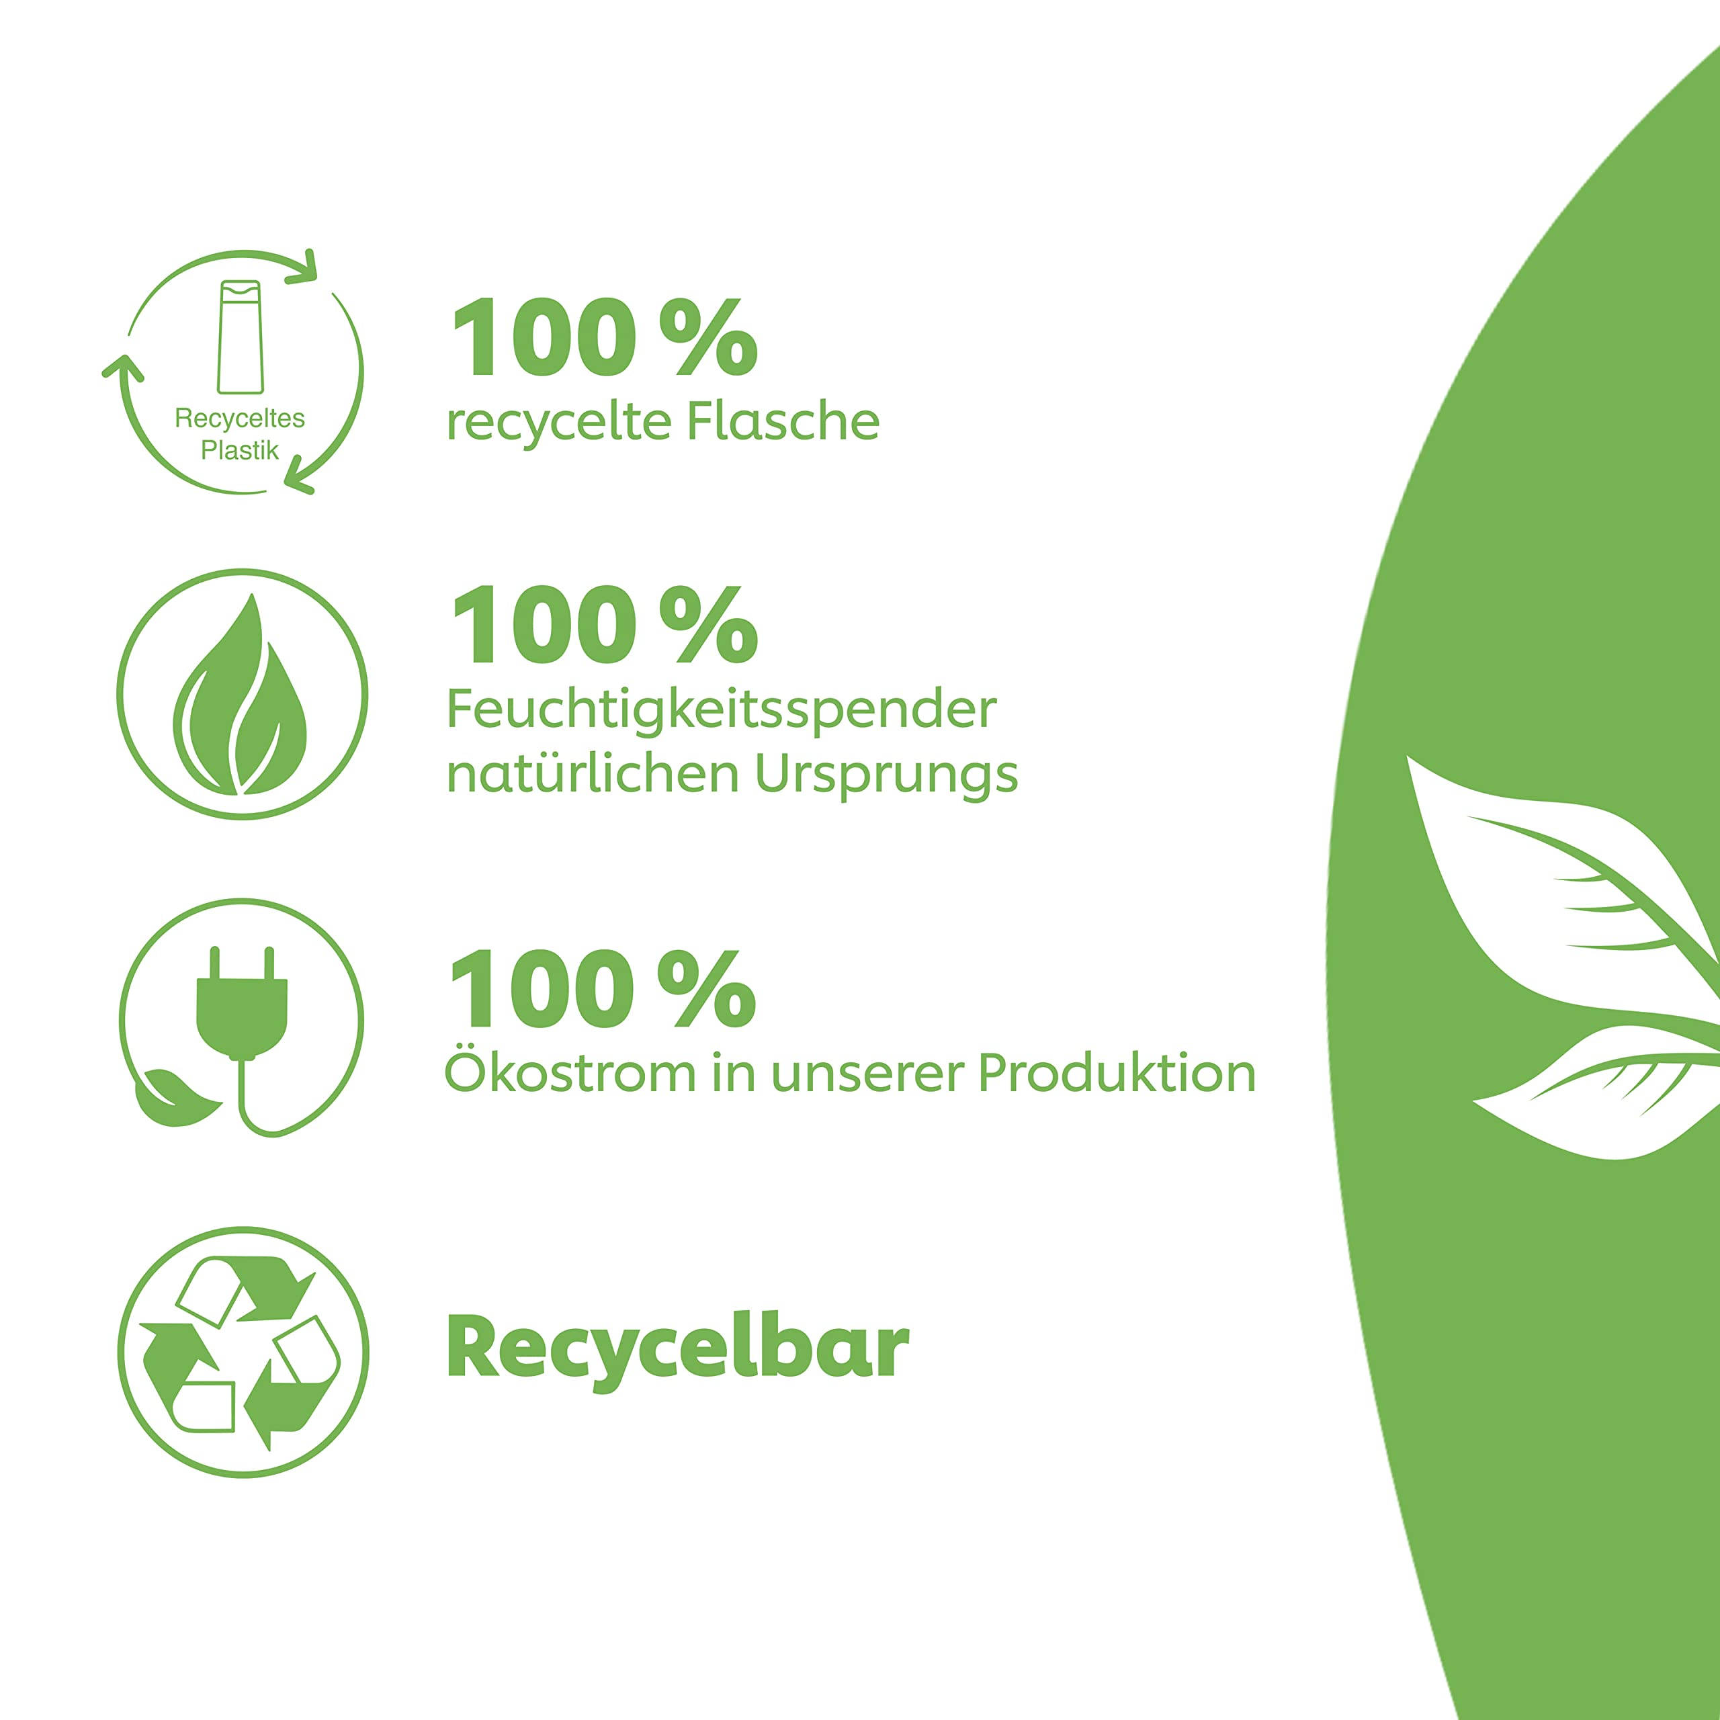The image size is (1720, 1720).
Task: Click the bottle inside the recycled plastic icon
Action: click(241, 337)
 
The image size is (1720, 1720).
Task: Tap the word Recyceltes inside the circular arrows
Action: click(239, 419)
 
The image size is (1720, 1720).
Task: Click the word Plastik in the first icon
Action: click(239, 450)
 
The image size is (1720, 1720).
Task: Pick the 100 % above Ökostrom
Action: click(603, 989)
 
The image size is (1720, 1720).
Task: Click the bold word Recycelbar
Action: click(677, 1348)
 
